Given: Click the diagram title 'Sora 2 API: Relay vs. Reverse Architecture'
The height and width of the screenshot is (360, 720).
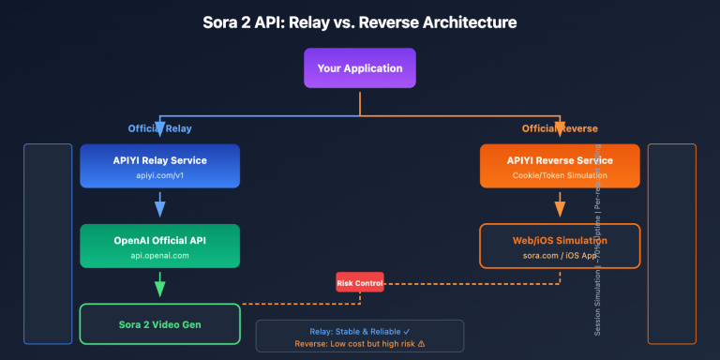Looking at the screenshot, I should [360, 22].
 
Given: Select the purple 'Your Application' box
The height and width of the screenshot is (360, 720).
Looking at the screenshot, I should [360, 68].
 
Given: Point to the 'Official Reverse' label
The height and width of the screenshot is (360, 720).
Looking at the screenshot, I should [560, 127].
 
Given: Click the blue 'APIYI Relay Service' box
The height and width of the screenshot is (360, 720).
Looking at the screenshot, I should [159, 167].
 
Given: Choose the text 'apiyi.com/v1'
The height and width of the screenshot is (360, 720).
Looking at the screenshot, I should [159, 175].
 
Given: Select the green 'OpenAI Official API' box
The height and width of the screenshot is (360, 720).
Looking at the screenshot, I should [159, 247].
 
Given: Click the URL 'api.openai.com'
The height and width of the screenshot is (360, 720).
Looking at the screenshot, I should [159, 255].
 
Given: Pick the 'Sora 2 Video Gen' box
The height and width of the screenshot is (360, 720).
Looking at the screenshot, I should [159, 323].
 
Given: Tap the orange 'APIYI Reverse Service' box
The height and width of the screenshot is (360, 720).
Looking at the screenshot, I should [560, 167].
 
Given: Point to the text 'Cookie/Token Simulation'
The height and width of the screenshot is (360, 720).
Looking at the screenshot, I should [560, 175].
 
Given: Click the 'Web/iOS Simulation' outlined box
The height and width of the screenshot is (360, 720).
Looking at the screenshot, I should [560, 247].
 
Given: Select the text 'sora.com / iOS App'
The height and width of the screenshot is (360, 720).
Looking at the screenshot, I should [560, 255].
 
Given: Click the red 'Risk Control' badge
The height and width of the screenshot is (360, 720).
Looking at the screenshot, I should [360, 282].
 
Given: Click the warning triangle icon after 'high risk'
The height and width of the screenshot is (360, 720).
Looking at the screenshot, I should [421, 344].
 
